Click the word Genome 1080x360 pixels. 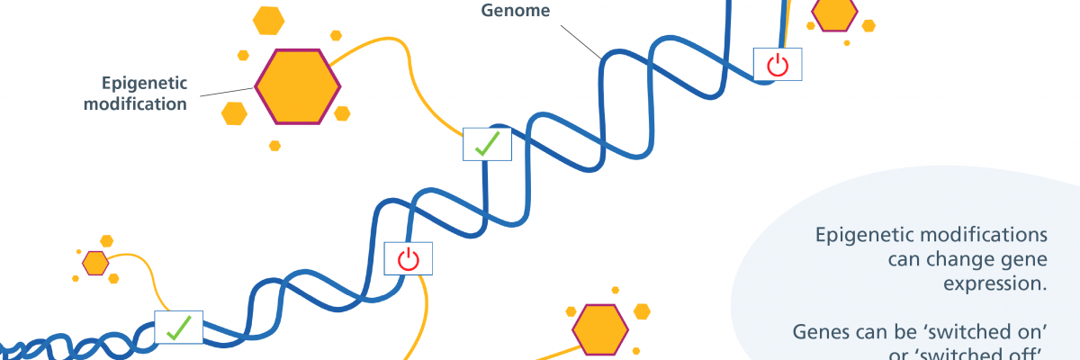click(516, 12)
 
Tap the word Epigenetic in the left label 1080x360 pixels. click(144, 84)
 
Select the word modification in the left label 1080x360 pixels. click(135, 104)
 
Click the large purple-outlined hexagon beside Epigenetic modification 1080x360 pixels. click(297, 86)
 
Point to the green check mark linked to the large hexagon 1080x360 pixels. click(487, 144)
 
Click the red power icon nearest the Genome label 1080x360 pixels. click(777, 65)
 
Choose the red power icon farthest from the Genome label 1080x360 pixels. click(408, 259)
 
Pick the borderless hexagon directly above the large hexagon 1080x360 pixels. click(268, 20)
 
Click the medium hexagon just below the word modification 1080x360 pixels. click(234, 113)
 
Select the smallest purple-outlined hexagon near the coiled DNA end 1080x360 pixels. click(95, 263)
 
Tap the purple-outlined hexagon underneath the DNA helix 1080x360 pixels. click(600, 330)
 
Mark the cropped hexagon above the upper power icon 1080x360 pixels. click(835, 13)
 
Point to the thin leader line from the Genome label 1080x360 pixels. click(580, 41)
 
